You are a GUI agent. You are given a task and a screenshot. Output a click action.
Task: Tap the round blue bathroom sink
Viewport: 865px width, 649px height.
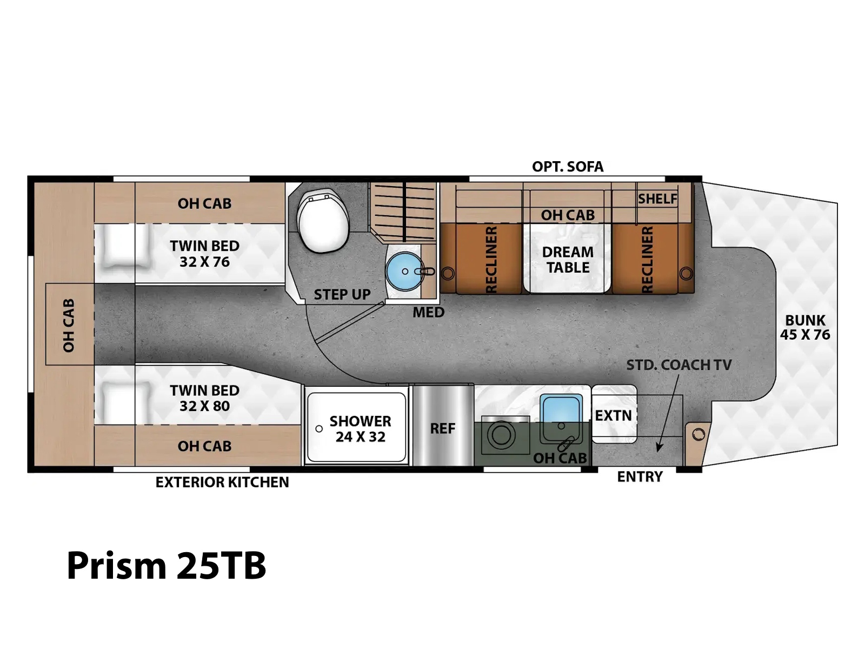coord(405,271)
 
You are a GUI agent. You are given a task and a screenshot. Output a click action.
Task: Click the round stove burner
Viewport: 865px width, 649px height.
coord(501,435)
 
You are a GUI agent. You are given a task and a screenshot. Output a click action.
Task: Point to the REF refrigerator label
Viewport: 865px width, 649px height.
coord(443,429)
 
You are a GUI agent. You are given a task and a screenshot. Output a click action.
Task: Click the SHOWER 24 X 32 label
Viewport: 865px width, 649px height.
coord(360,429)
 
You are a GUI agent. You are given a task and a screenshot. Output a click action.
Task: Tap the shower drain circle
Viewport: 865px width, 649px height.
coord(319,429)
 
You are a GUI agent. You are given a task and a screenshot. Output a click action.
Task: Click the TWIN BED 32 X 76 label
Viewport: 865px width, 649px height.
coord(204,254)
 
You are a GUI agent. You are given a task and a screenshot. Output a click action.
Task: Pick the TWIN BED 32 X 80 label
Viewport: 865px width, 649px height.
coord(204,399)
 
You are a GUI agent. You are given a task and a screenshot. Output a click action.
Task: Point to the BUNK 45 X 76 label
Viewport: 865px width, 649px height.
coord(804,327)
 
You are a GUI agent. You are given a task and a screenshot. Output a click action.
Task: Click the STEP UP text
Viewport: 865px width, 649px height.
coord(342,295)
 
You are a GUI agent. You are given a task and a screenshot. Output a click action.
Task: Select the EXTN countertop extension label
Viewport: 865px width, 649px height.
coord(613,416)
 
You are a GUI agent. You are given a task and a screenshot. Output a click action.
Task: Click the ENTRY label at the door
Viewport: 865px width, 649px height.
coord(640,477)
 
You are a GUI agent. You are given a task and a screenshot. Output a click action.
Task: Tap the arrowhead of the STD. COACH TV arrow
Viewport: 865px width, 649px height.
coord(657,447)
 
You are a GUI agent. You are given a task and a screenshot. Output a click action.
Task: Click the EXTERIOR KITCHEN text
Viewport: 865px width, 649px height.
coord(222,482)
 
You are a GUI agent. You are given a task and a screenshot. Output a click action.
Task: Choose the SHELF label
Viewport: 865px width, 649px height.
coord(657,199)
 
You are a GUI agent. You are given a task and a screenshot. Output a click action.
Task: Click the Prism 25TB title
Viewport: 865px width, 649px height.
coord(167,566)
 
